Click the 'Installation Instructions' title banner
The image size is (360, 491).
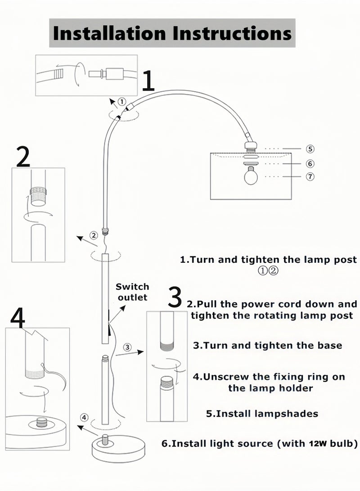(172, 33)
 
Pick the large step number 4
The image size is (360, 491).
(18, 319)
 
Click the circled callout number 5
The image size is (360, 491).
(310, 149)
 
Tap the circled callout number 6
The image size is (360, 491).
(310, 164)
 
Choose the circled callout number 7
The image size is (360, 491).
(310, 176)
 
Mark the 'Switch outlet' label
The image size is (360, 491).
(132, 292)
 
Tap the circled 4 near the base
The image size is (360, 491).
(85, 417)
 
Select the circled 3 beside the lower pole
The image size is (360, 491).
(128, 347)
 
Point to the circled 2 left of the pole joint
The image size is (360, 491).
(94, 235)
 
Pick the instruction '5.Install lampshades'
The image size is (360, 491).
(262, 414)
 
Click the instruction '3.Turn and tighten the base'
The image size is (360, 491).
(267, 346)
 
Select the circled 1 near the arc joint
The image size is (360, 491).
(122, 102)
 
